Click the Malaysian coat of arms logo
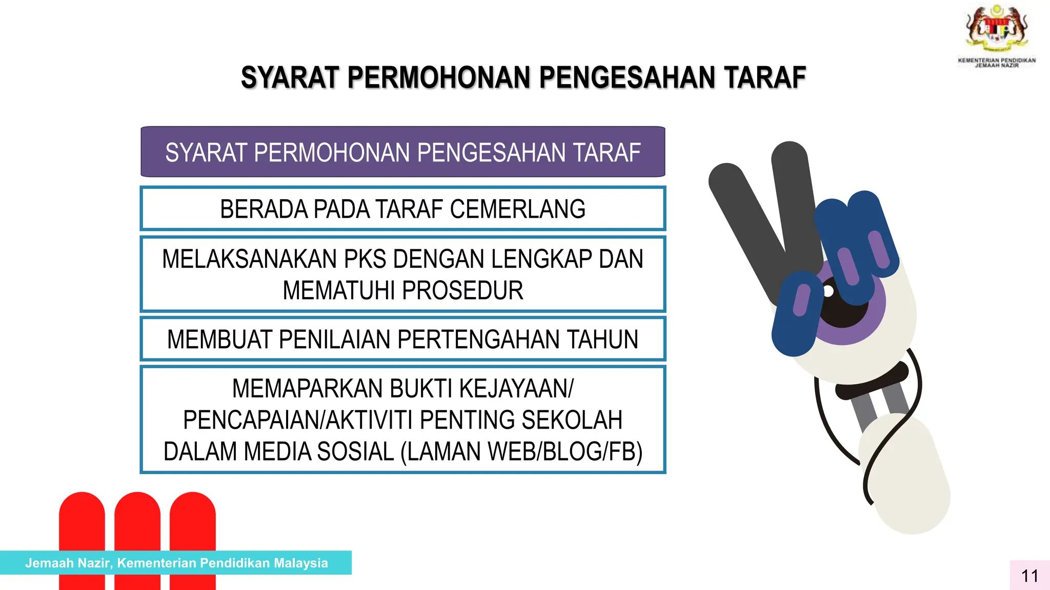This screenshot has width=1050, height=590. click(997, 28)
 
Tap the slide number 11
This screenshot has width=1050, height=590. click(1029, 576)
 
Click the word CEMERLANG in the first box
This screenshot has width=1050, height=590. click(517, 209)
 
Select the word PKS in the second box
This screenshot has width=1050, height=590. click(365, 259)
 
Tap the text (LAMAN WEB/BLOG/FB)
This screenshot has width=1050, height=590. click(521, 452)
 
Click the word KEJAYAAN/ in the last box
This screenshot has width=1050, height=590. click(516, 388)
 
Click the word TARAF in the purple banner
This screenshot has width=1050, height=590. click(606, 153)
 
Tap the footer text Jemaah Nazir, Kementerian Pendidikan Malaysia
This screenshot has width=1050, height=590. click(176, 563)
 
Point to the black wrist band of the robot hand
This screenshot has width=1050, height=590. click(872, 382)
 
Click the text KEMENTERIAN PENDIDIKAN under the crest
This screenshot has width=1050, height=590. click(997, 60)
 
